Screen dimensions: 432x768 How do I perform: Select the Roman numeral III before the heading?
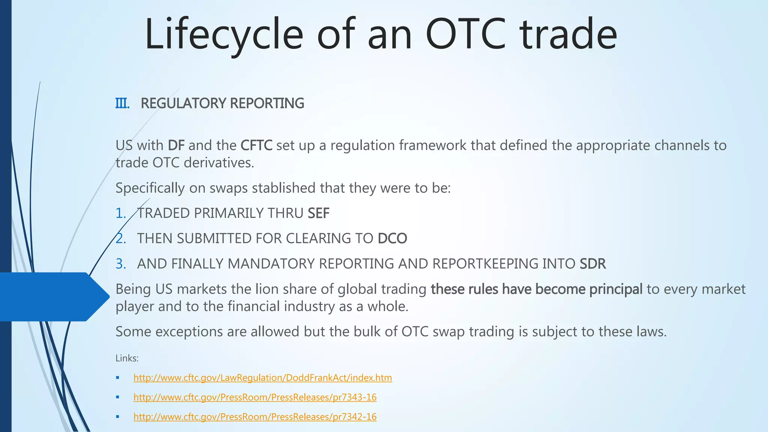[122, 103]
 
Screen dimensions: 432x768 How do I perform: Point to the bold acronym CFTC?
[256, 145]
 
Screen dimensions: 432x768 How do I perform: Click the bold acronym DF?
[176, 145]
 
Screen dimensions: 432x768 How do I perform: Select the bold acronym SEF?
[318, 213]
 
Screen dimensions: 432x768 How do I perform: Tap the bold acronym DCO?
[392, 238]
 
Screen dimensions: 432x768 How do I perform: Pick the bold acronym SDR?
[592, 264]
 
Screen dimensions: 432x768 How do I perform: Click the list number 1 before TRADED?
[120, 213]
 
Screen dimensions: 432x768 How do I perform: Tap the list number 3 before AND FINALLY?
[120, 264]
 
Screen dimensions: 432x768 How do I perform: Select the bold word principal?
[616, 289]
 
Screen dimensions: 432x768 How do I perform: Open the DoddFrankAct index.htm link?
[262, 378]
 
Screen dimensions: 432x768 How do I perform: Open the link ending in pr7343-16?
[255, 397]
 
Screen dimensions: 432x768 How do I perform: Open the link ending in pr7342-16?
[255, 417]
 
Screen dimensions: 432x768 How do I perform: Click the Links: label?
[127, 358]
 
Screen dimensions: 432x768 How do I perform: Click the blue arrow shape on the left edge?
[52, 297]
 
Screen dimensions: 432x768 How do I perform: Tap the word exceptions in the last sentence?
[195, 332]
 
